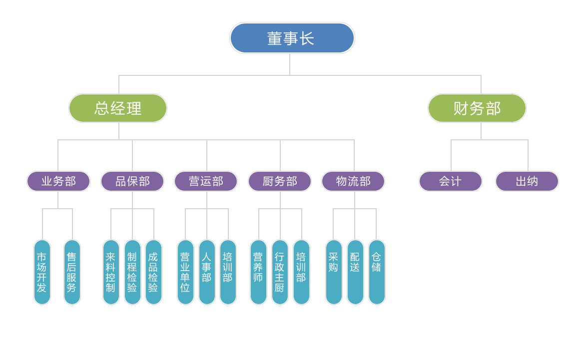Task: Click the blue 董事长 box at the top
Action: (x=292, y=38)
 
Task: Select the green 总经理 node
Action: (x=118, y=108)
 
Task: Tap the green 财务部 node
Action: (x=477, y=108)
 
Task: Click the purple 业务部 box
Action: (x=58, y=181)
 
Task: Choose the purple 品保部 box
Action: (x=132, y=181)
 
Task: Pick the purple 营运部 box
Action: (x=206, y=181)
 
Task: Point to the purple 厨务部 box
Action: (x=280, y=181)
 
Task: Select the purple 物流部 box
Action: (x=353, y=181)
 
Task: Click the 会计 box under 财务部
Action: (x=451, y=181)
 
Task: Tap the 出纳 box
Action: (x=527, y=181)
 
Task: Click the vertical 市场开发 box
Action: (x=42, y=272)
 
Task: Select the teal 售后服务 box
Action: (x=72, y=272)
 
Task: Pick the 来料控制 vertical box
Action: (x=111, y=272)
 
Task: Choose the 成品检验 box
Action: (x=153, y=272)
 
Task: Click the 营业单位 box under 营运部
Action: (x=185, y=272)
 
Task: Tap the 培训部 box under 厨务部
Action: (x=301, y=272)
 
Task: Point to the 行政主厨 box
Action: (x=280, y=272)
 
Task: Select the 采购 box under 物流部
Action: (x=334, y=272)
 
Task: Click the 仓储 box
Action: (x=377, y=272)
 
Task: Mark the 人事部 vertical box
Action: (x=207, y=272)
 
